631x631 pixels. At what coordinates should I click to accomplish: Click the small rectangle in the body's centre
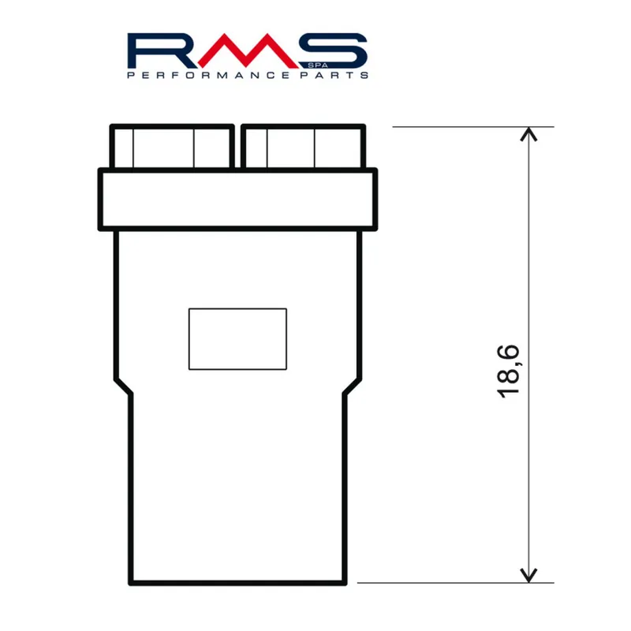pos(237,338)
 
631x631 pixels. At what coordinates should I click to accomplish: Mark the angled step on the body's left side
pos(123,387)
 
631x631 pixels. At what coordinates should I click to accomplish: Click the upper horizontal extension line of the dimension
pos(473,126)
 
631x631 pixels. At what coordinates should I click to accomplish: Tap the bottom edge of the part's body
pos(237,584)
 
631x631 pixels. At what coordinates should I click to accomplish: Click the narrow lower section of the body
pos(237,489)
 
